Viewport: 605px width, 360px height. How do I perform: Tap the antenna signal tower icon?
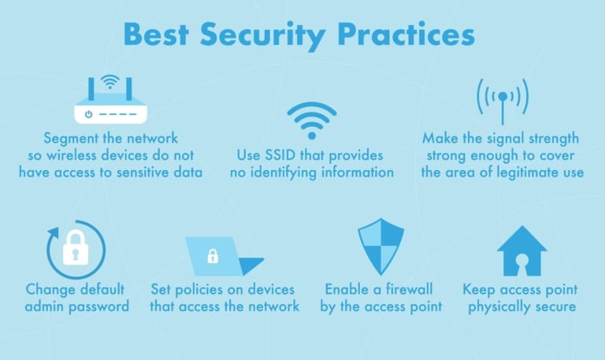(503, 98)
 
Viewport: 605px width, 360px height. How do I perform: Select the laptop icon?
(223, 255)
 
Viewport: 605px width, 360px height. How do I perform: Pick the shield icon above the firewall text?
(380, 247)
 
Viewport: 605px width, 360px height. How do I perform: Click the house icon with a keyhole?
(521, 251)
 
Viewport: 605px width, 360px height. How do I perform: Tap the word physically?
(498, 306)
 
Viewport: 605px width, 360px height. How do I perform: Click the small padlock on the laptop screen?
(212, 255)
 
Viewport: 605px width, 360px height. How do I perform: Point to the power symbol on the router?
(89, 114)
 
